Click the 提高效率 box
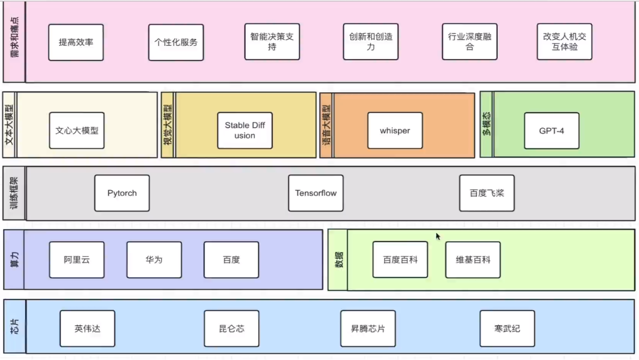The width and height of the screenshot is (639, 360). tap(76, 42)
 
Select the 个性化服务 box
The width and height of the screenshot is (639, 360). tap(176, 42)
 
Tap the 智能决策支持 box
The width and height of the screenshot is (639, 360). tap(272, 42)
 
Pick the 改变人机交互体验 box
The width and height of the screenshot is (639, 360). tap(564, 42)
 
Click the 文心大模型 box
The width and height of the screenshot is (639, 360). tap(76, 131)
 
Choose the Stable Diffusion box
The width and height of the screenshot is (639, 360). tap(245, 131)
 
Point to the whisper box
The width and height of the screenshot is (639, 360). tap(395, 131)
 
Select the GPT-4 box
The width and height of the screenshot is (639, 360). tap(551, 131)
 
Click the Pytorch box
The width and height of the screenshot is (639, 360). tap(122, 193)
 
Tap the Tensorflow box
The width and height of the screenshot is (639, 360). tap(316, 193)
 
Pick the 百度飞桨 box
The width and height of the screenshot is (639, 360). tap(487, 193)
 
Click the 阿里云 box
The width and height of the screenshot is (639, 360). tap(76, 260)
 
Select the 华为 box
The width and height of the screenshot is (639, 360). tap(154, 260)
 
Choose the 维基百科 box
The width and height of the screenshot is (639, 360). tap(473, 260)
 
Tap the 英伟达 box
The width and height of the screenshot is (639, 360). tap(87, 329)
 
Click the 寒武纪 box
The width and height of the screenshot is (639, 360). tap(507, 329)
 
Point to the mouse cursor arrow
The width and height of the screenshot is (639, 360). tap(438, 236)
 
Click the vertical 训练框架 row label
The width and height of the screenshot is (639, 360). tap(14, 193)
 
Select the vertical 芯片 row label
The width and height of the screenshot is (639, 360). tap(14, 326)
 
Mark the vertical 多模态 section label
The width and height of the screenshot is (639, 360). tap(487, 124)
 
